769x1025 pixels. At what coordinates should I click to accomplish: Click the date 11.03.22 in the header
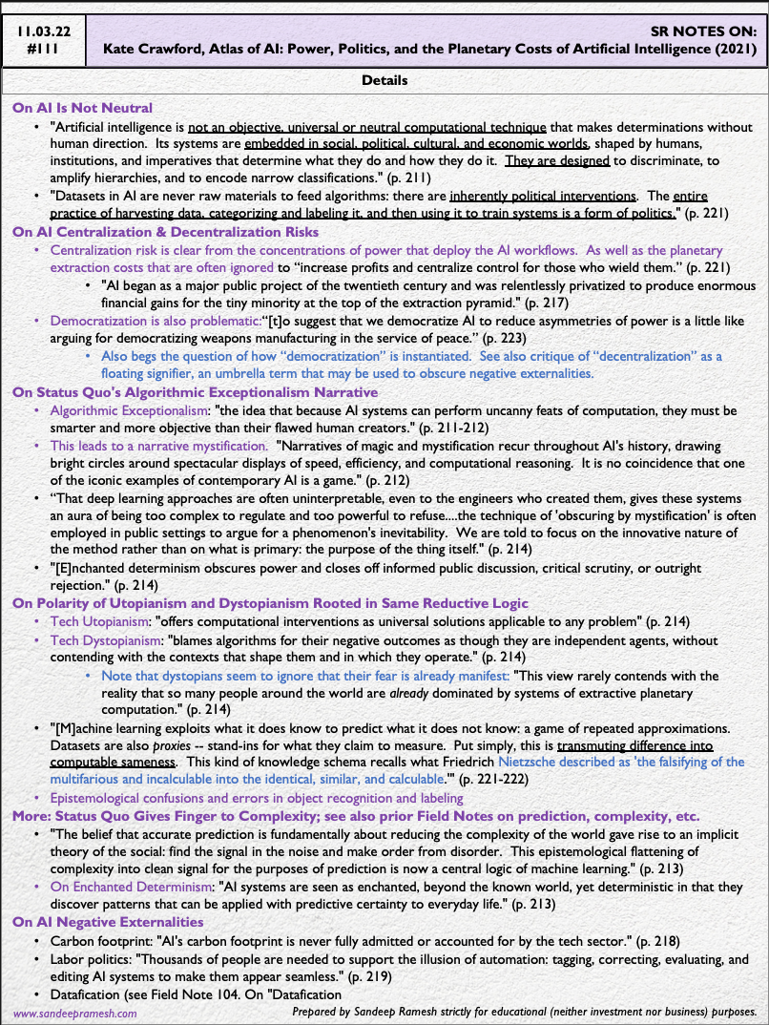click(x=43, y=31)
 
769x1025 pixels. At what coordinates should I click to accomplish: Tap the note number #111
click(x=43, y=50)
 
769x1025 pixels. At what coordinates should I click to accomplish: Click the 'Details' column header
click(x=384, y=81)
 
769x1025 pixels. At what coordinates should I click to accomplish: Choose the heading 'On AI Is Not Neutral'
click(x=82, y=108)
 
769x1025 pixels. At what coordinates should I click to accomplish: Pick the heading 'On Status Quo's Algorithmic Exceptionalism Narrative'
click(x=195, y=391)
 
